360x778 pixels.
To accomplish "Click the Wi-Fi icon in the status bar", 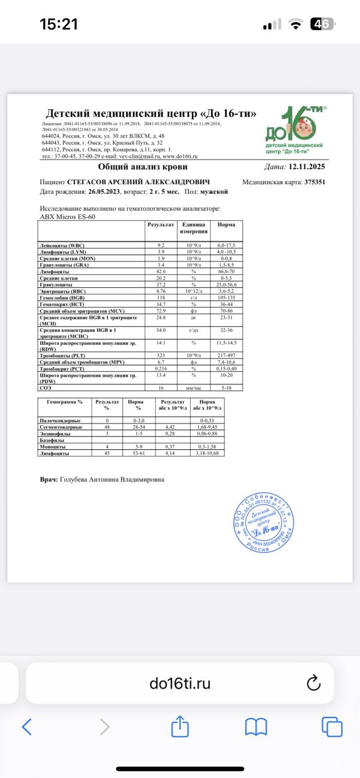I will tap(295, 24).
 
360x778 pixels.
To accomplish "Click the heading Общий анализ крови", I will tap(143, 167).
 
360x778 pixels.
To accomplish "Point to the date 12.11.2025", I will tap(306, 167).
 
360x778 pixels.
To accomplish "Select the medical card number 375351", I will tap(314, 181).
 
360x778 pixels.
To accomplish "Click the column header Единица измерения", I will tap(195, 228).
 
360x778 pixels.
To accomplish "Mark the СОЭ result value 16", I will tap(161, 388).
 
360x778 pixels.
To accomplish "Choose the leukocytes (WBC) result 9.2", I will tap(161, 246).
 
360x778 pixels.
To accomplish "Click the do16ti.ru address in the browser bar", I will tap(180, 683).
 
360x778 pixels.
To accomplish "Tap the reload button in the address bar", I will tap(313, 683).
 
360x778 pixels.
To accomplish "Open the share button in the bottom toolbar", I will tap(180, 727).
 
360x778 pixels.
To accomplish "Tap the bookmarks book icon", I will tap(256, 727).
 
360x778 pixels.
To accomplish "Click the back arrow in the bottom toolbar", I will tap(27, 727).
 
